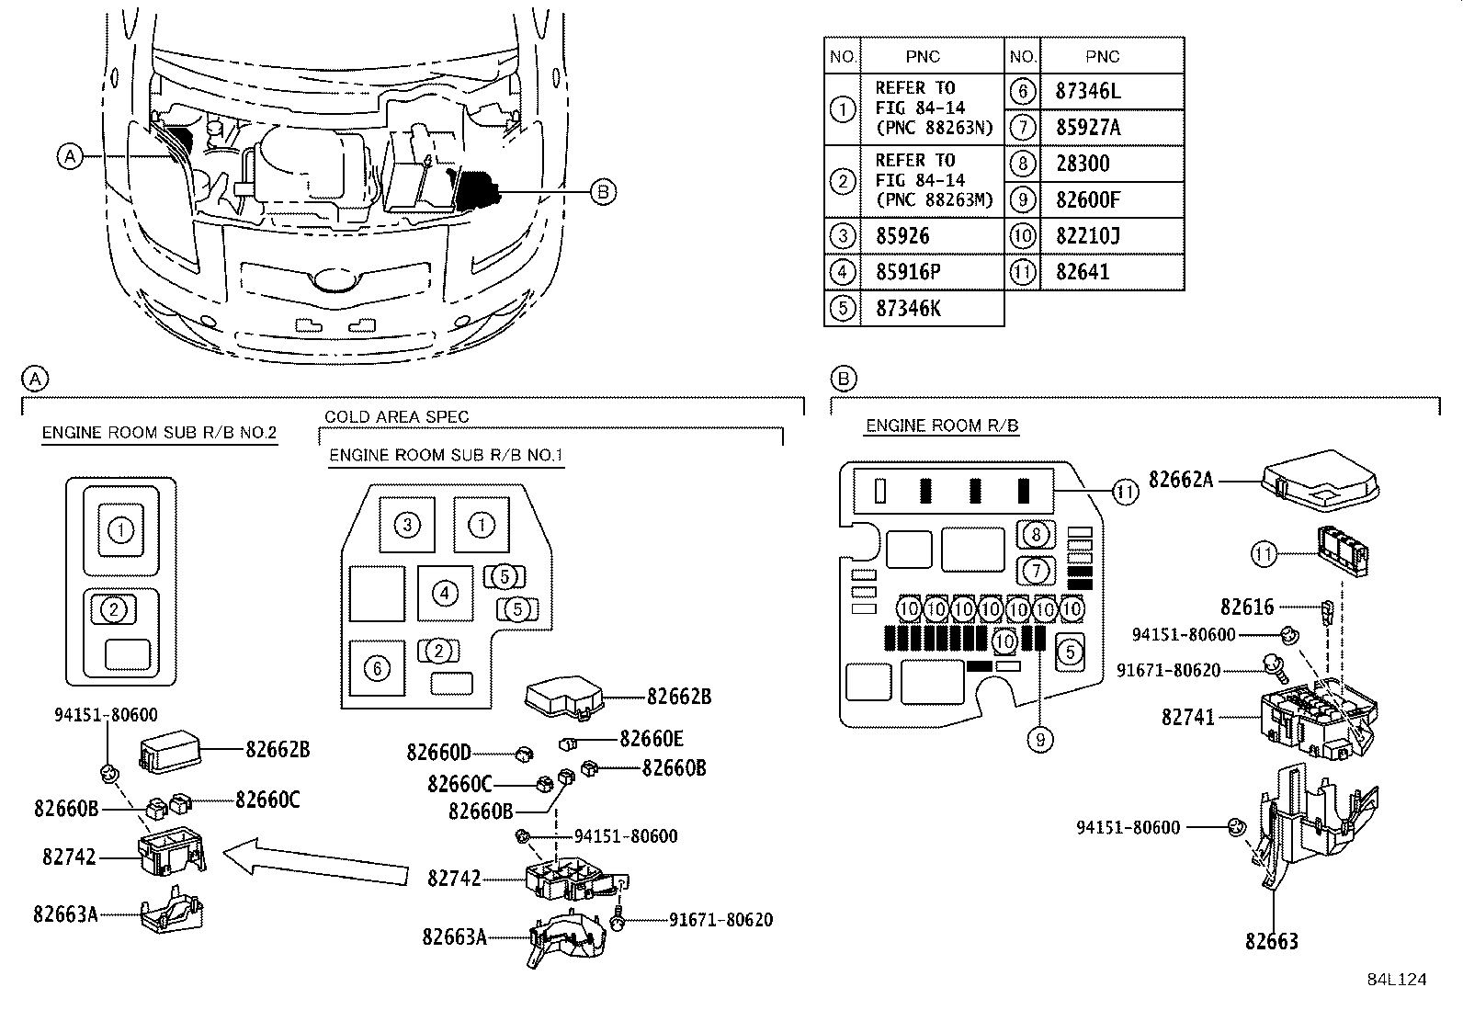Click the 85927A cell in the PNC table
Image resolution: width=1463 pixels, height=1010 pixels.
pyautogui.click(x=1088, y=127)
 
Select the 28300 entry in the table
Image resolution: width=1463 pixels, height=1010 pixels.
pyautogui.click(x=1083, y=164)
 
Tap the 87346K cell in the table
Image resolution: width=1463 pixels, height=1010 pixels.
pyautogui.click(x=908, y=308)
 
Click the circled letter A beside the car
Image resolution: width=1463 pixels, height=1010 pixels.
pyautogui.click(x=69, y=156)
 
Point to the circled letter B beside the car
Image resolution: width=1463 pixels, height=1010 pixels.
pyautogui.click(x=602, y=192)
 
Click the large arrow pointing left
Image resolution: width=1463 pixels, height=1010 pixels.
pyautogui.click(x=315, y=861)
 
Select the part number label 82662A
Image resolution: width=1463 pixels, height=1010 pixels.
pyautogui.click(x=1181, y=479)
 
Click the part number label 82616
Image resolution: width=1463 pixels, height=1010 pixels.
pyautogui.click(x=1247, y=607)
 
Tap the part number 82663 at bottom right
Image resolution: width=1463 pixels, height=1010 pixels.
pyautogui.click(x=1272, y=941)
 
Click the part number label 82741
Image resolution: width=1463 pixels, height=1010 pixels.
pyautogui.click(x=1188, y=717)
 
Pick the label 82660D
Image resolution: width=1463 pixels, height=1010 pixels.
pyautogui.click(x=438, y=753)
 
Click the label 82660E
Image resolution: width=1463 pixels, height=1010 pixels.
pyautogui.click(x=652, y=739)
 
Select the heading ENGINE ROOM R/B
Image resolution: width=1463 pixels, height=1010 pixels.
pyautogui.click(x=942, y=426)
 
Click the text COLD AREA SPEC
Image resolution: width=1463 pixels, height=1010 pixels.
pyautogui.click(x=396, y=416)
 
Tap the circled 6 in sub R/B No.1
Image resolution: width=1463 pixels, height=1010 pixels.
pyautogui.click(x=378, y=668)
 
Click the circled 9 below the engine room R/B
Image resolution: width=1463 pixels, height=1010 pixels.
pyautogui.click(x=1039, y=739)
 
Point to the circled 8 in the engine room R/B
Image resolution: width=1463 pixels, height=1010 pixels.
pyautogui.click(x=1036, y=534)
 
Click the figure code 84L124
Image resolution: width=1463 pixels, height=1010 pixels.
pyautogui.click(x=1396, y=980)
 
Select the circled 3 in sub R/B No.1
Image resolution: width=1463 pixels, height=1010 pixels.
pyautogui.click(x=407, y=525)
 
